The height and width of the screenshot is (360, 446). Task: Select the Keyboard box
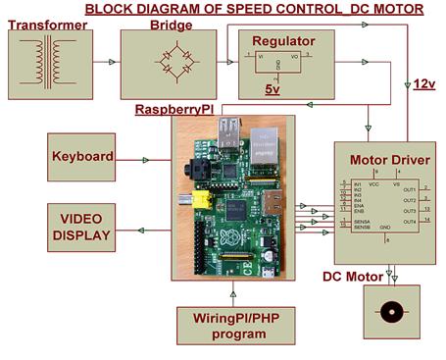[85, 156]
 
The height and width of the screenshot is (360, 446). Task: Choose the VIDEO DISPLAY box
[84, 226]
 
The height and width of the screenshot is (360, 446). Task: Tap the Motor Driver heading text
[384, 159]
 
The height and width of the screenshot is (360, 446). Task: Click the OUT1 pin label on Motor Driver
[408, 188]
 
